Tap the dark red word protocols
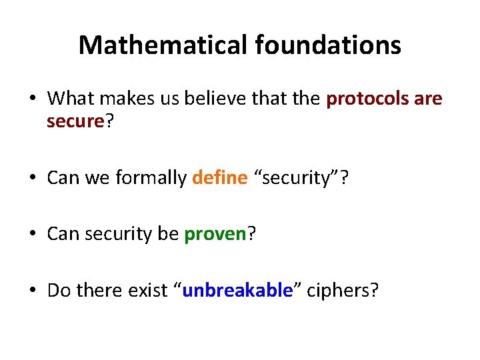click(367, 99)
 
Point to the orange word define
click(219, 178)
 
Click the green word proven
click(215, 235)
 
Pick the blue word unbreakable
click(237, 291)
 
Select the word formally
click(151, 178)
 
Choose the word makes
click(129, 99)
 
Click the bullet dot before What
click(33, 99)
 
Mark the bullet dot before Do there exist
click(33, 291)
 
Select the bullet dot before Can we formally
click(33, 179)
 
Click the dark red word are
click(428, 99)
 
